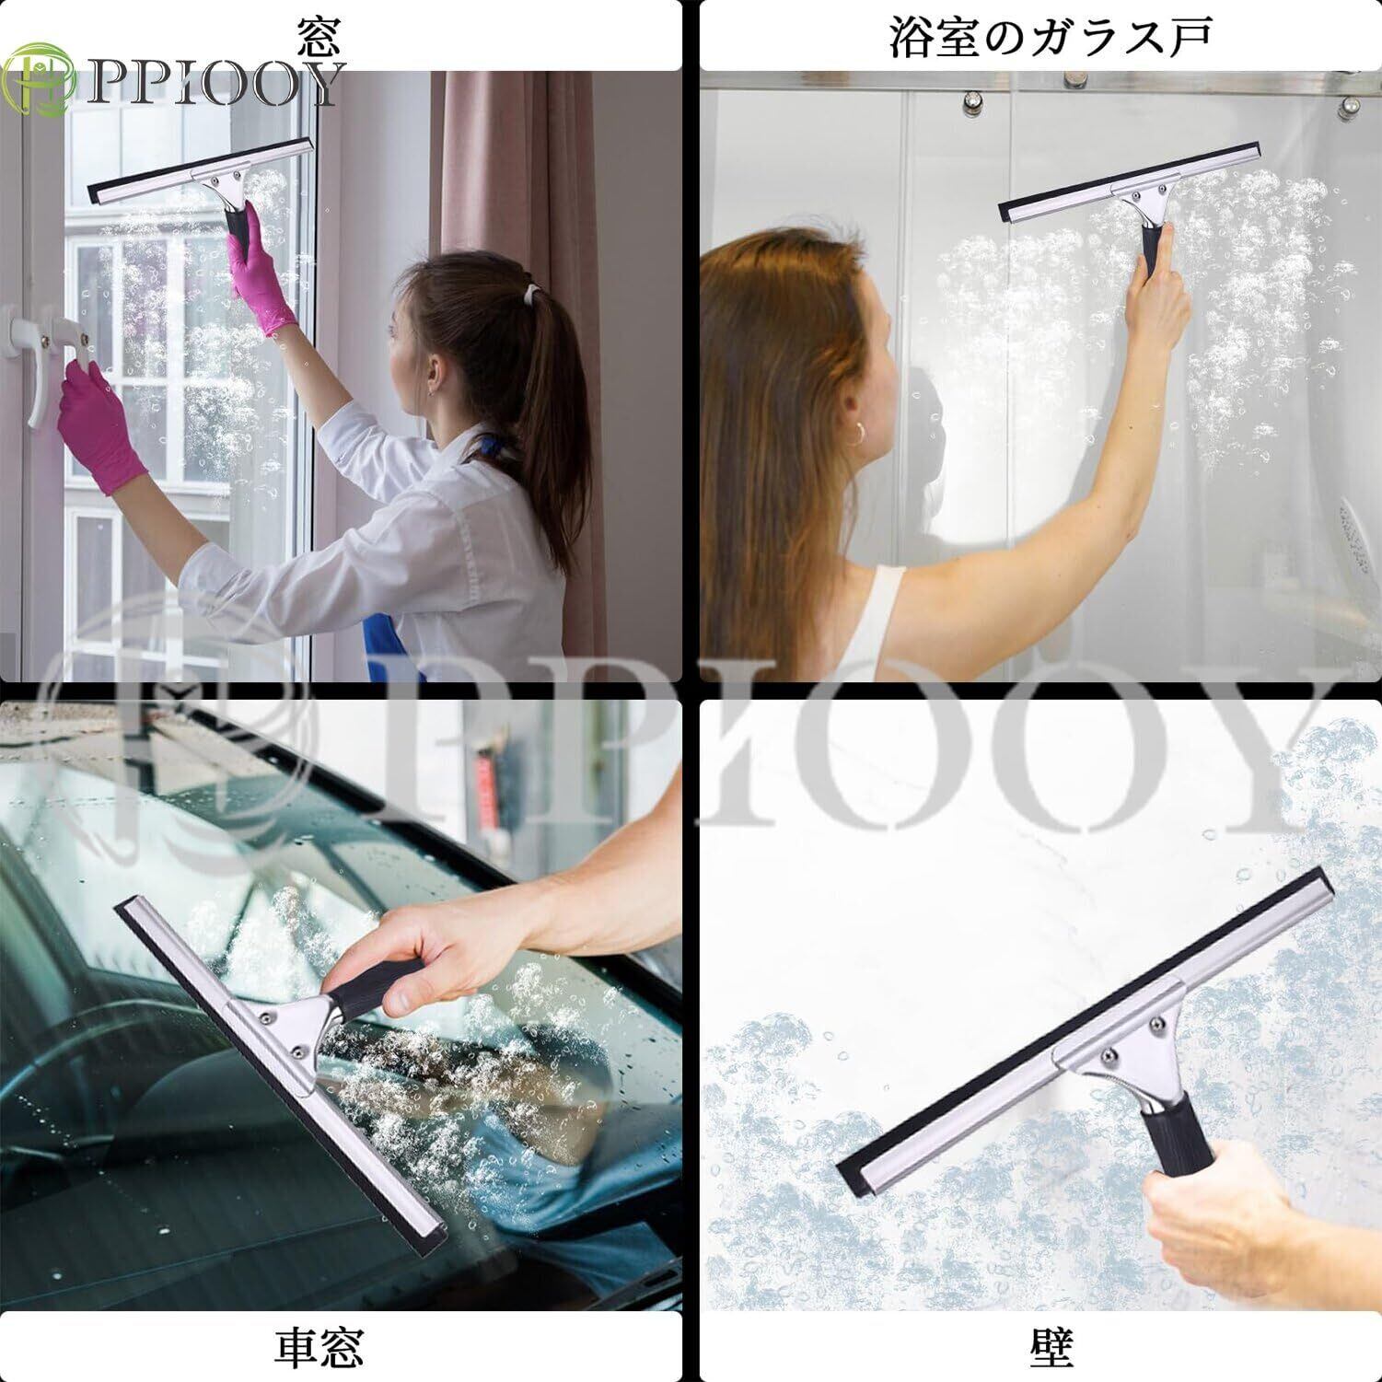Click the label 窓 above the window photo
coord(319,38)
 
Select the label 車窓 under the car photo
coord(319,1347)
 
